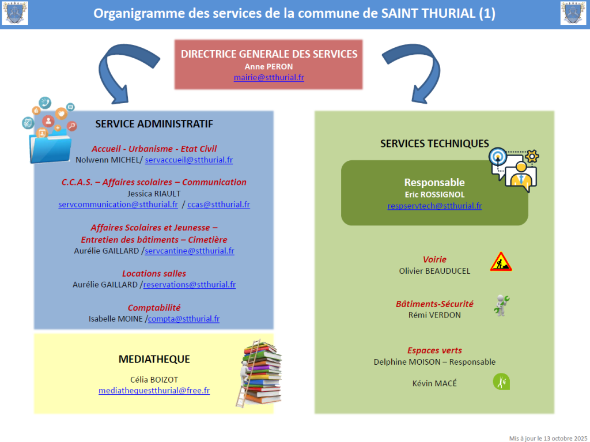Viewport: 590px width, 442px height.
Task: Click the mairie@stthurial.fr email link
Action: tap(268, 77)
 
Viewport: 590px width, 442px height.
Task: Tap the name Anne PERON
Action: tap(268, 66)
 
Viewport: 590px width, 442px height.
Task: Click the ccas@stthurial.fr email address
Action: tap(218, 205)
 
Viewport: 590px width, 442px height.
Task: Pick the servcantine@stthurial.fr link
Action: tap(190, 251)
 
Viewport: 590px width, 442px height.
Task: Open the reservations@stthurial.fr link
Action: tap(189, 284)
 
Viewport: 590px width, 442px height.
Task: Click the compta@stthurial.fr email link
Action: tap(184, 318)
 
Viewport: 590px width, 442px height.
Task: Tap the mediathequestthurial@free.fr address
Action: tap(154, 391)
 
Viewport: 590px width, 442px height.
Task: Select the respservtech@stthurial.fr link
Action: tap(434, 205)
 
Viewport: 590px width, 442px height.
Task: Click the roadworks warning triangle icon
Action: tap(501, 262)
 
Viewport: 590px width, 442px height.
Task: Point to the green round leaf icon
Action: tap(501, 381)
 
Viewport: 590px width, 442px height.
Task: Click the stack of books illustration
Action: tap(259, 372)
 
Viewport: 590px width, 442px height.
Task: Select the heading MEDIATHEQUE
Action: tap(154, 359)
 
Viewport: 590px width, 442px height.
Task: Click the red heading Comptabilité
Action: tap(154, 308)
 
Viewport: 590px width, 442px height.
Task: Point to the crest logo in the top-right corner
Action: tap(573, 13)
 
